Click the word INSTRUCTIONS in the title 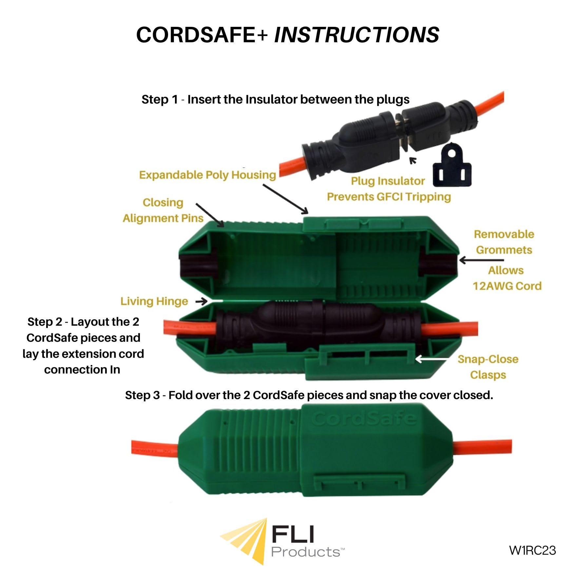356,35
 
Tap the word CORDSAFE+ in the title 202,35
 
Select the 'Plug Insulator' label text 388,181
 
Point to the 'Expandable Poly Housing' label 207,175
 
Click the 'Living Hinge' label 154,301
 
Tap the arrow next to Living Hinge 201,301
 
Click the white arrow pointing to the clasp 431,359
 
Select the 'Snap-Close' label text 488,359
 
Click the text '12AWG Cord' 507,286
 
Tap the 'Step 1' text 159,100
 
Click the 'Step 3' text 142,395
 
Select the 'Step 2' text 45,322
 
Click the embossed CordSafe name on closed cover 364,419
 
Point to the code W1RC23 532,550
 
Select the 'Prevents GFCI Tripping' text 389,197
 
